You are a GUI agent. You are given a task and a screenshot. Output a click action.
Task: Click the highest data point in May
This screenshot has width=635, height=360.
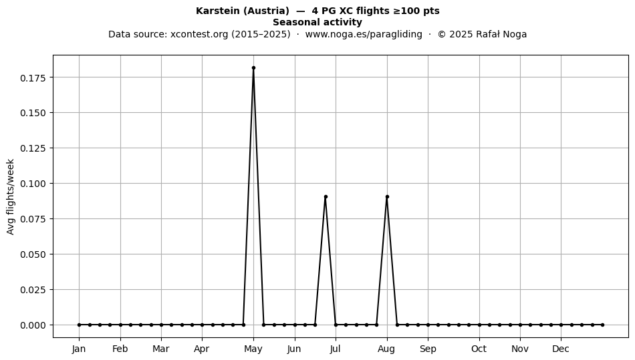pyautogui.click(x=253, y=68)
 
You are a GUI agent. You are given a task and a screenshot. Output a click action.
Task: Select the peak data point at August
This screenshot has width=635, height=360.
pyautogui.click(x=387, y=197)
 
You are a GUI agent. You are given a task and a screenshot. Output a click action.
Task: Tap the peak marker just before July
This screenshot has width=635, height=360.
pyautogui.click(x=326, y=197)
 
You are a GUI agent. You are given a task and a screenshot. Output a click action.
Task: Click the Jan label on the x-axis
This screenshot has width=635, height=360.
pyautogui.click(x=79, y=349)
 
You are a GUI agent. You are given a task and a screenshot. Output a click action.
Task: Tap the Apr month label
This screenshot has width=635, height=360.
pyautogui.click(x=202, y=349)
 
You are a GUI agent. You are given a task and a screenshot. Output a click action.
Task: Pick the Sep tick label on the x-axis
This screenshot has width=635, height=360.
pyautogui.click(x=428, y=349)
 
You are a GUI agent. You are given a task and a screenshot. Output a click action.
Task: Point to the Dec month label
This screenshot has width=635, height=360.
pyautogui.click(x=561, y=349)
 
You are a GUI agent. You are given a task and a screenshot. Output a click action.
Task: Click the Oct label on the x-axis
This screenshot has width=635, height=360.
pyautogui.click(x=479, y=349)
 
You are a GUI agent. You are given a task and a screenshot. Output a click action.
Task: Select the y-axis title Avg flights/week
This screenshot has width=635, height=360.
pyautogui.click(x=11, y=196)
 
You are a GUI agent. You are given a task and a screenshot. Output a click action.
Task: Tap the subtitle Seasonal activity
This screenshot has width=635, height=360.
pyautogui.click(x=317, y=22)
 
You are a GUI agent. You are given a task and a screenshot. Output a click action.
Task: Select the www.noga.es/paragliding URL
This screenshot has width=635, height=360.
pyautogui.click(x=364, y=34)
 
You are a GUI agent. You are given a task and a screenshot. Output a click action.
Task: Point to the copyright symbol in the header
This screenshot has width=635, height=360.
pyautogui.click(x=442, y=34)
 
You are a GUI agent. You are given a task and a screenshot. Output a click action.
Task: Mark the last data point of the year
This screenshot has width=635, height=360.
pyautogui.click(x=603, y=325)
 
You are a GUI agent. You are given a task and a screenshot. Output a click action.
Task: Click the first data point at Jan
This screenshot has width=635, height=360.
pyautogui.click(x=79, y=325)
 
